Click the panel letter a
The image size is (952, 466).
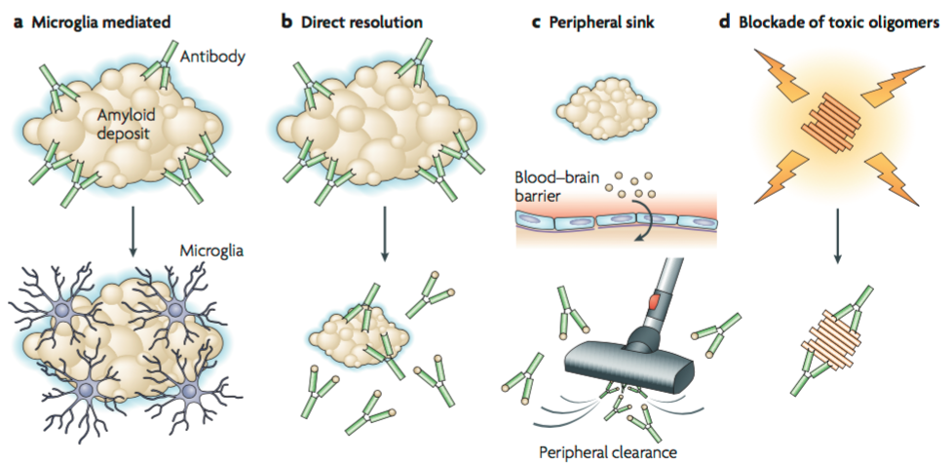coord(16,19)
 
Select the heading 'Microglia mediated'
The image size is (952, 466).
coord(101,19)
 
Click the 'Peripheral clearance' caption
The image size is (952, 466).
coord(609,451)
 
